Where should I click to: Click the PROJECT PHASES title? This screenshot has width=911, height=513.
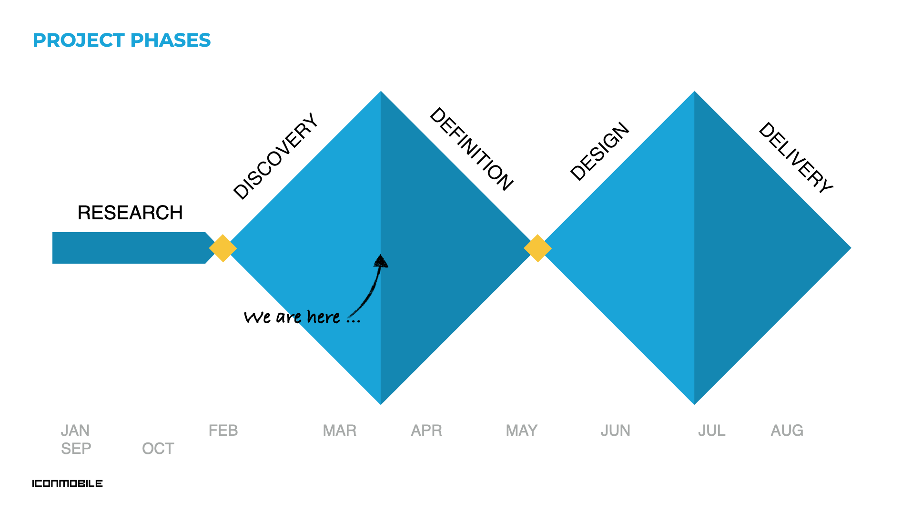[x=121, y=41]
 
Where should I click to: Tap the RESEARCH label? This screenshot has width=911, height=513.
[x=130, y=213]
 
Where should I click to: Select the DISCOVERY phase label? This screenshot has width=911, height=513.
[x=275, y=156]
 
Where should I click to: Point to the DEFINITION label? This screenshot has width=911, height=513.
[x=471, y=149]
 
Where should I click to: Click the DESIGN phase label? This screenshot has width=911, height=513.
[x=600, y=152]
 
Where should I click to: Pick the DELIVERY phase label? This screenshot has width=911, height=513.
[x=796, y=157]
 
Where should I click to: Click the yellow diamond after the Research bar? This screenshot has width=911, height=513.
[x=223, y=248]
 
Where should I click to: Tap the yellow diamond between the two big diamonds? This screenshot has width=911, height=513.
[x=537, y=248]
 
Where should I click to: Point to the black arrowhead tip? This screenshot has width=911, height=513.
[x=381, y=255]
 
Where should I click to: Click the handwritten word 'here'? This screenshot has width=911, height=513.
[x=324, y=317]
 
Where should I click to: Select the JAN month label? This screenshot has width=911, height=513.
[x=75, y=431]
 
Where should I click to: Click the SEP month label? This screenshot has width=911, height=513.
[x=76, y=449]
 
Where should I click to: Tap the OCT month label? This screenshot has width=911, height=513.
[x=158, y=449]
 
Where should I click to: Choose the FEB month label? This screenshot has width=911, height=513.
[x=223, y=431]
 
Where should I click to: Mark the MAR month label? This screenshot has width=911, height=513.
[x=340, y=431]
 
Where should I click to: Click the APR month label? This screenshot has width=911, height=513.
[x=426, y=431]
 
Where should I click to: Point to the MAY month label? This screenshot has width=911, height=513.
[x=522, y=431]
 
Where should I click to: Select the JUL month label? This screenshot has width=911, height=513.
[x=712, y=431]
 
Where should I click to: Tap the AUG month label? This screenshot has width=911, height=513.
[x=787, y=431]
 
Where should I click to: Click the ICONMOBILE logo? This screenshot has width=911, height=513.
[x=67, y=483]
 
